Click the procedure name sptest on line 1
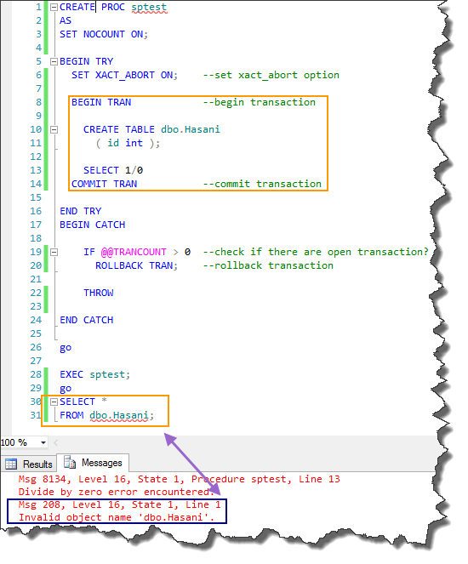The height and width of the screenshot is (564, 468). [149, 7]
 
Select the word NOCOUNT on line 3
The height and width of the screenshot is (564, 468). [104, 34]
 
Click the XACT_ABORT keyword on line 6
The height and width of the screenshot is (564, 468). [125, 75]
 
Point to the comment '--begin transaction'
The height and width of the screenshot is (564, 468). [260, 102]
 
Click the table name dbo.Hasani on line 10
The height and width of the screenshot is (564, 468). [191, 129]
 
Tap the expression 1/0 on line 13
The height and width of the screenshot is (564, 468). [134, 170]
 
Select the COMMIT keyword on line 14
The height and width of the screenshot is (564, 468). [89, 184]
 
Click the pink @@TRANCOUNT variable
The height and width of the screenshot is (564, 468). [134, 252]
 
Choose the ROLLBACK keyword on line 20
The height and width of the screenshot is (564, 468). [119, 265]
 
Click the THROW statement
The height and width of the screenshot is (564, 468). [99, 293]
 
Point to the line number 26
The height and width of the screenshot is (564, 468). [36, 347]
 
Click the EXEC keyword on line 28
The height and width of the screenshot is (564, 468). [71, 374]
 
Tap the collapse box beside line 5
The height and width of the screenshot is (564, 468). [54, 61]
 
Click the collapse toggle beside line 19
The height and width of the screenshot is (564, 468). [54, 252]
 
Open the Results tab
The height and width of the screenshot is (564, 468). [30, 464]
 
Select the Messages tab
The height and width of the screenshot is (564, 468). [93, 463]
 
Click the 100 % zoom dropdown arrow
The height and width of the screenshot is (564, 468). [43, 442]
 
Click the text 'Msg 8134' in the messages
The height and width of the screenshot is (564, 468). [43, 479]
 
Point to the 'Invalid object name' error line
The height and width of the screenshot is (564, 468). [117, 517]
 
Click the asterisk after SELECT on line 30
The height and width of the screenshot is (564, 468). [105, 401]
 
